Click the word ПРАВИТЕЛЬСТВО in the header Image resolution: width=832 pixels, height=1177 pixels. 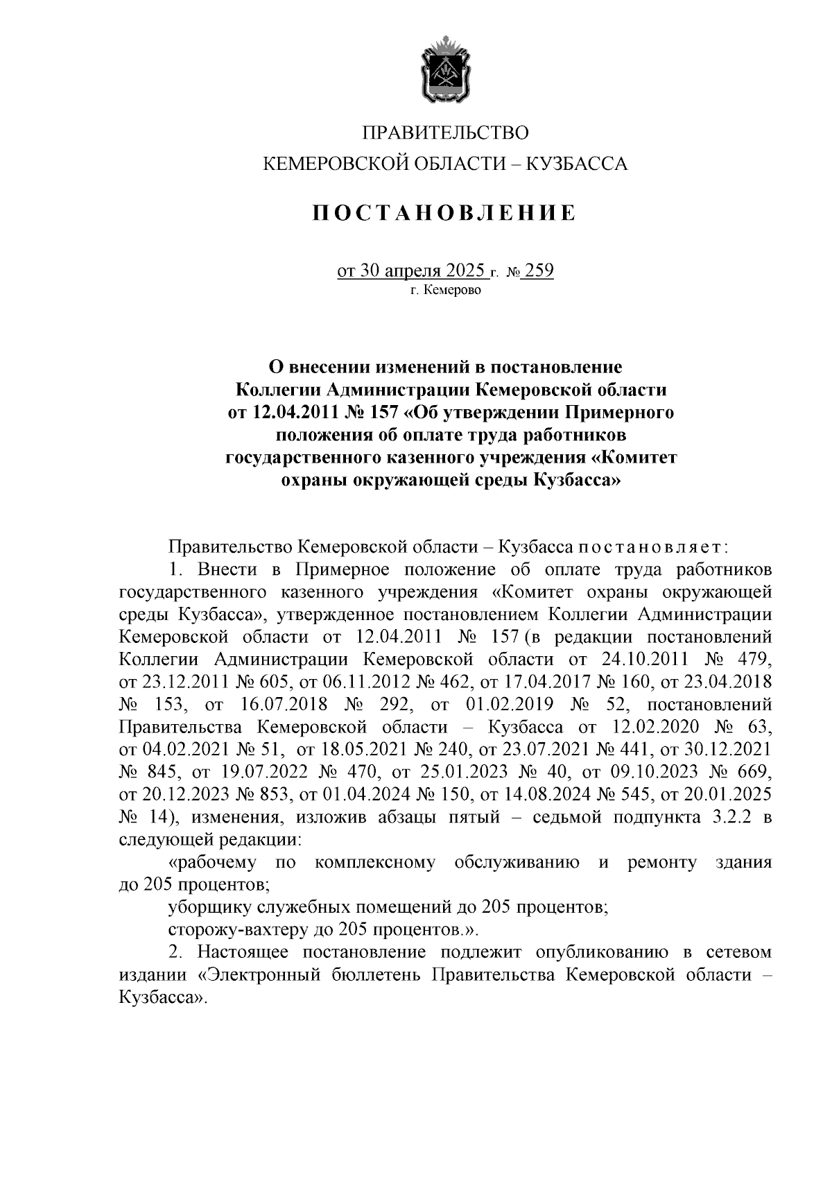[446, 132]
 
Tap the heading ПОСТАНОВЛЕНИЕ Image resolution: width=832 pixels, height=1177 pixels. [444, 213]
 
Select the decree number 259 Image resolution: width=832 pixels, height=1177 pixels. [539, 270]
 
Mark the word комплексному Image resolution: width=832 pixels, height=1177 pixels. [374, 863]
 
